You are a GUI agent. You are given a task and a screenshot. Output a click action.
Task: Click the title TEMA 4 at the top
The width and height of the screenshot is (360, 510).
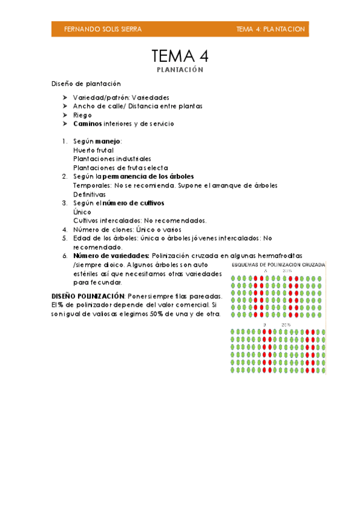point(180,57)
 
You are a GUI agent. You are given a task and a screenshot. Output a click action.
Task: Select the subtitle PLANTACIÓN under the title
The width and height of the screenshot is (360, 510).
point(180,70)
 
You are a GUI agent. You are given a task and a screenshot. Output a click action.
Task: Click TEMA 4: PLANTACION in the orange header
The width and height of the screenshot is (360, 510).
point(270,29)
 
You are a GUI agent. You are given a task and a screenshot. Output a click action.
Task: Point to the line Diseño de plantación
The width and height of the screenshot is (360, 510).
point(86,84)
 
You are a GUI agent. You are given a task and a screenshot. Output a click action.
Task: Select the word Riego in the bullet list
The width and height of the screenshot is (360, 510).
point(82,115)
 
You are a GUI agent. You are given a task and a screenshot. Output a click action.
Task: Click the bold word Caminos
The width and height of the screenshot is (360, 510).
point(88,123)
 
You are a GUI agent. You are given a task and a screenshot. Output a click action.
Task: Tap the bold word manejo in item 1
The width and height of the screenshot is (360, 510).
point(108,141)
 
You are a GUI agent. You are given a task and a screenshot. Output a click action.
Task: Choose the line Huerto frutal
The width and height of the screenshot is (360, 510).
point(93,150)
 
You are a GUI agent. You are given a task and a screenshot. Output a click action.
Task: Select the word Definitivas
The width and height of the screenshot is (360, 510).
point(90,194)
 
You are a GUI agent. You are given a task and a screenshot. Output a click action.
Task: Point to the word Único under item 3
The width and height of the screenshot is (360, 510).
point(82,212)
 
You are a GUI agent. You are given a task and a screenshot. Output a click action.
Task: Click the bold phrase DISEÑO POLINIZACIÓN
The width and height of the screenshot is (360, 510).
point(88,296)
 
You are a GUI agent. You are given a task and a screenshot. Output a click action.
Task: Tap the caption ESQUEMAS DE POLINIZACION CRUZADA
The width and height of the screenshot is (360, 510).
point(278,265)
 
